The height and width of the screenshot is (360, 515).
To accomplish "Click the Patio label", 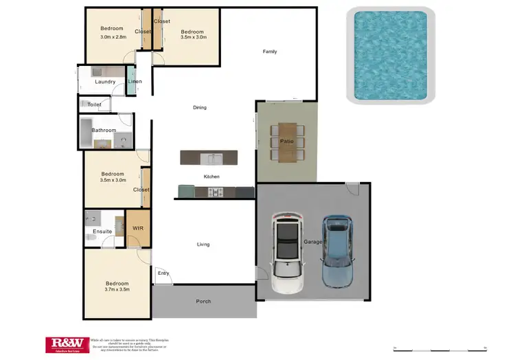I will pos(286,142).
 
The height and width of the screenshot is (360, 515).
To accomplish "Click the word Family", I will pos(270,52).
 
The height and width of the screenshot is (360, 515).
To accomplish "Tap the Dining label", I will pos(199,107).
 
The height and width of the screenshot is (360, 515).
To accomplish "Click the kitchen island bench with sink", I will pos(209,158).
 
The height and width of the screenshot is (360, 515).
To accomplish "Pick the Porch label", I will pos(203,302).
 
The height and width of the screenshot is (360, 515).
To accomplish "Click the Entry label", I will pos(163,273).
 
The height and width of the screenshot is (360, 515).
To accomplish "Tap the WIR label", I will pos(137,227).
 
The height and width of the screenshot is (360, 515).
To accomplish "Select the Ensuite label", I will pos(102,232).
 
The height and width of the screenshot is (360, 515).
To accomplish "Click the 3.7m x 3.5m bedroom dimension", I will pos(117,290).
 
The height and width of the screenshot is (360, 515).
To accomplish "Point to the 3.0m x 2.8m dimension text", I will pos(113,37).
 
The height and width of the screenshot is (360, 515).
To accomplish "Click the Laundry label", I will pos(105,82).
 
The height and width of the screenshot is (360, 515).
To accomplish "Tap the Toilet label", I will pos(94,105).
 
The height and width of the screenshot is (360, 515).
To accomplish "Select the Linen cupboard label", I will pos(135,82).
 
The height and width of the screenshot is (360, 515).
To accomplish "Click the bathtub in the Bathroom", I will pos(86,132).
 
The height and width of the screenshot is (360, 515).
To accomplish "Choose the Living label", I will pos(203,245).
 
